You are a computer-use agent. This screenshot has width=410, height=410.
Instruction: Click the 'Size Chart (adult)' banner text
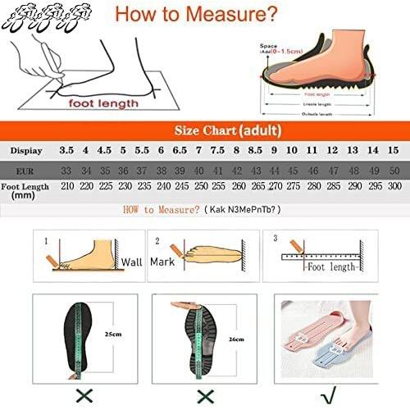227,130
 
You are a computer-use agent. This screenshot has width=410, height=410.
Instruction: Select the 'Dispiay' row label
26,150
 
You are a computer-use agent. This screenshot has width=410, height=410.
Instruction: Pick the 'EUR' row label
25,170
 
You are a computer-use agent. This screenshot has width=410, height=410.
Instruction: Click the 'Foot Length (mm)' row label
25,191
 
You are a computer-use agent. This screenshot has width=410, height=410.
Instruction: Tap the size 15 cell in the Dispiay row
394,150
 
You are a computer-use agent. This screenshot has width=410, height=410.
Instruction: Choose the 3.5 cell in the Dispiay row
66,150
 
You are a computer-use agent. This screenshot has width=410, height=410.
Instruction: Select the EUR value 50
394,170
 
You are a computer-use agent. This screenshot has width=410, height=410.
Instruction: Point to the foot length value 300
394,187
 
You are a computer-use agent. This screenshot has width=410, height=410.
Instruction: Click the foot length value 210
67,187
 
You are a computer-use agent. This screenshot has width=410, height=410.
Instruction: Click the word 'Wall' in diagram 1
132,262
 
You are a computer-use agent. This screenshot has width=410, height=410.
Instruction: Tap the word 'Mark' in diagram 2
161,262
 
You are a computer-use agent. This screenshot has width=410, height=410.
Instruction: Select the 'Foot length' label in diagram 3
331,267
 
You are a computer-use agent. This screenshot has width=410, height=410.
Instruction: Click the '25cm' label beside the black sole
112,335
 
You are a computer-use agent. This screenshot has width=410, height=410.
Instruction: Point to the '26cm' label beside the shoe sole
236,338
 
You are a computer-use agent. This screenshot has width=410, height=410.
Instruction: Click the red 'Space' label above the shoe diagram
269,46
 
